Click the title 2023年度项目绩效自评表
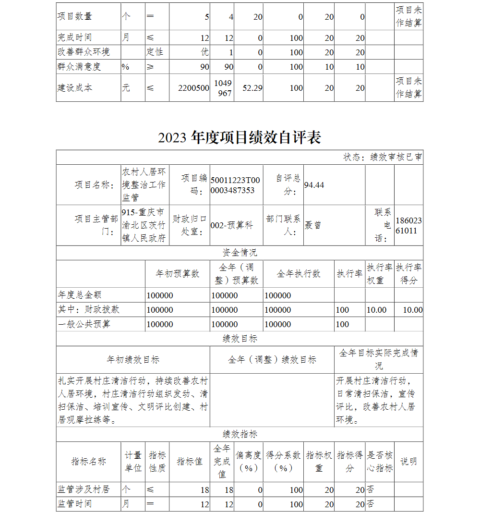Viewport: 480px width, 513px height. [x=240, y=138]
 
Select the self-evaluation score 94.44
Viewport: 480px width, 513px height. [x=314, y=185]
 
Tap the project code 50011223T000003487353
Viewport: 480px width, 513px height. [x=235, y=185]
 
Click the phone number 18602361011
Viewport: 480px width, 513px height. [x=409, y=225]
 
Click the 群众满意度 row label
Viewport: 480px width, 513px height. [x=79, y=67]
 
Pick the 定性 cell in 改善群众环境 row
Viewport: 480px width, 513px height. [x=155, y=52]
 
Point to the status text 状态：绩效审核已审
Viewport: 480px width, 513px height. [x=383, y=157]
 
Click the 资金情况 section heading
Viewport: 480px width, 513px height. [x=240, y=253]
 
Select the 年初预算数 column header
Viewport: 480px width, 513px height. [x=178, y=274]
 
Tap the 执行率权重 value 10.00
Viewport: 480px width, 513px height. [x=376, y=310]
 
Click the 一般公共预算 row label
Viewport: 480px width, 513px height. [x=84, y=324]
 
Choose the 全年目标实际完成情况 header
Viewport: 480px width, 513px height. [x=379, y=359]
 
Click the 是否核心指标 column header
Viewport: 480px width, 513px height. [x=380, y=461]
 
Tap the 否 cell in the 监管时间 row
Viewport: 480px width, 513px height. [x=370, y=504]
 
